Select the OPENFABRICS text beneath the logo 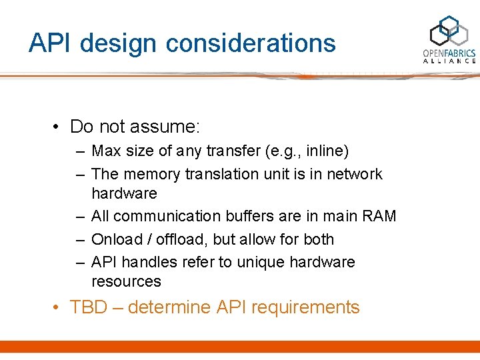click(449, 53)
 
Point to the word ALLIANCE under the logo click(449, 61)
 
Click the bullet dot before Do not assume click(59, 127)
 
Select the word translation click(221, 174)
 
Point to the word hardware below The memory click(124, 193)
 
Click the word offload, click(179, 239)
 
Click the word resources click(126, 281)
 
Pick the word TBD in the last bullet click(84, 307)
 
